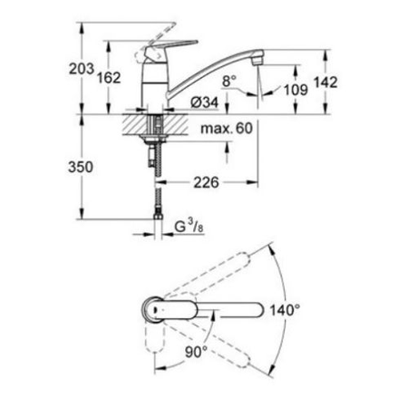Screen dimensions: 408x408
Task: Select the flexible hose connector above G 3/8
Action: tap(161, 204)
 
